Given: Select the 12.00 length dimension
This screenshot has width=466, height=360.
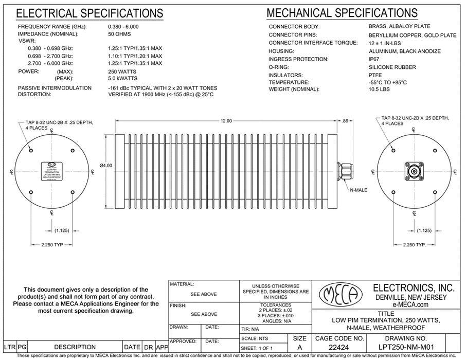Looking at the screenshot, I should point(225,120).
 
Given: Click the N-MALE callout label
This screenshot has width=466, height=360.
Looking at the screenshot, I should point(358,190).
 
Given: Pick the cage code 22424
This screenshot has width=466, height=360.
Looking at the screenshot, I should point(337,347).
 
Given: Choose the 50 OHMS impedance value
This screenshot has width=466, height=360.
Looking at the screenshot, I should point(119,34).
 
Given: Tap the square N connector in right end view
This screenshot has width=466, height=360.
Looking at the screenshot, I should point(413,171).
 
